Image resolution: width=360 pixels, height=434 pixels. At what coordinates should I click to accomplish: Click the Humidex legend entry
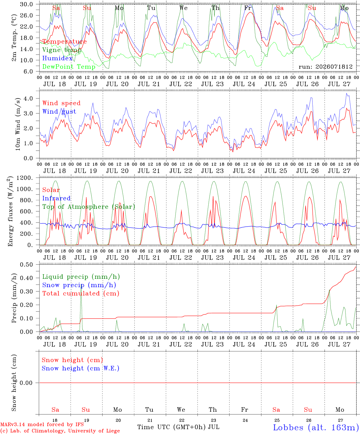pos(57,58)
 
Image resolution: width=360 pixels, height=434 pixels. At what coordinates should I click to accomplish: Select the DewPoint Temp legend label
pos(69,67)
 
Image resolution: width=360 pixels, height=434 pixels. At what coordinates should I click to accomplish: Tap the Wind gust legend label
pos(59,112)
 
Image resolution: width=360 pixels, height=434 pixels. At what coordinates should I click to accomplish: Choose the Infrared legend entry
pos(56,198)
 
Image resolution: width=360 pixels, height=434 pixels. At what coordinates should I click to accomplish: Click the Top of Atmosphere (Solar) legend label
pos(89,207)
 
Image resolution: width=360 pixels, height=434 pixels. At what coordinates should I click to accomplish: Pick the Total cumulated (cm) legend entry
pos(81,294)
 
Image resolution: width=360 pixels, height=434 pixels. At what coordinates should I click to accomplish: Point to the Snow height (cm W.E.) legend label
pos(81,368)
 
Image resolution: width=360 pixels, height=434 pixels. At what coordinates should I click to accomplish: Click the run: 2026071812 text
pos(325,67)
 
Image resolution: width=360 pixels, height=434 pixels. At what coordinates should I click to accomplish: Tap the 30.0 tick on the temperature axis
pos(26,4)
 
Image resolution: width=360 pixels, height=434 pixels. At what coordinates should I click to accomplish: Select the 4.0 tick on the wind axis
pos(28,99)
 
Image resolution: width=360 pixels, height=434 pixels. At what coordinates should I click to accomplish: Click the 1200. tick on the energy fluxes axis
pos(25,178)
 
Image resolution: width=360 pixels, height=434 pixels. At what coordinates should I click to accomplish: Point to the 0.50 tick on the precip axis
pos(27,265)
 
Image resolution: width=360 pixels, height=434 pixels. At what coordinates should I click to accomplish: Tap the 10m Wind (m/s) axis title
pos(18,124)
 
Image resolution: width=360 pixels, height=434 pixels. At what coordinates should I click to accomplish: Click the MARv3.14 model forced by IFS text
pos(42,424)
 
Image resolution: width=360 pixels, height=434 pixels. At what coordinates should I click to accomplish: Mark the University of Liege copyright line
pos(60,431)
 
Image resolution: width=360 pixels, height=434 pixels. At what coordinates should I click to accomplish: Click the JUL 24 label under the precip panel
pos(244,345)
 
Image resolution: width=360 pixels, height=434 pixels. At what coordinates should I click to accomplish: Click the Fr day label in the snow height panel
pos(245,410)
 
